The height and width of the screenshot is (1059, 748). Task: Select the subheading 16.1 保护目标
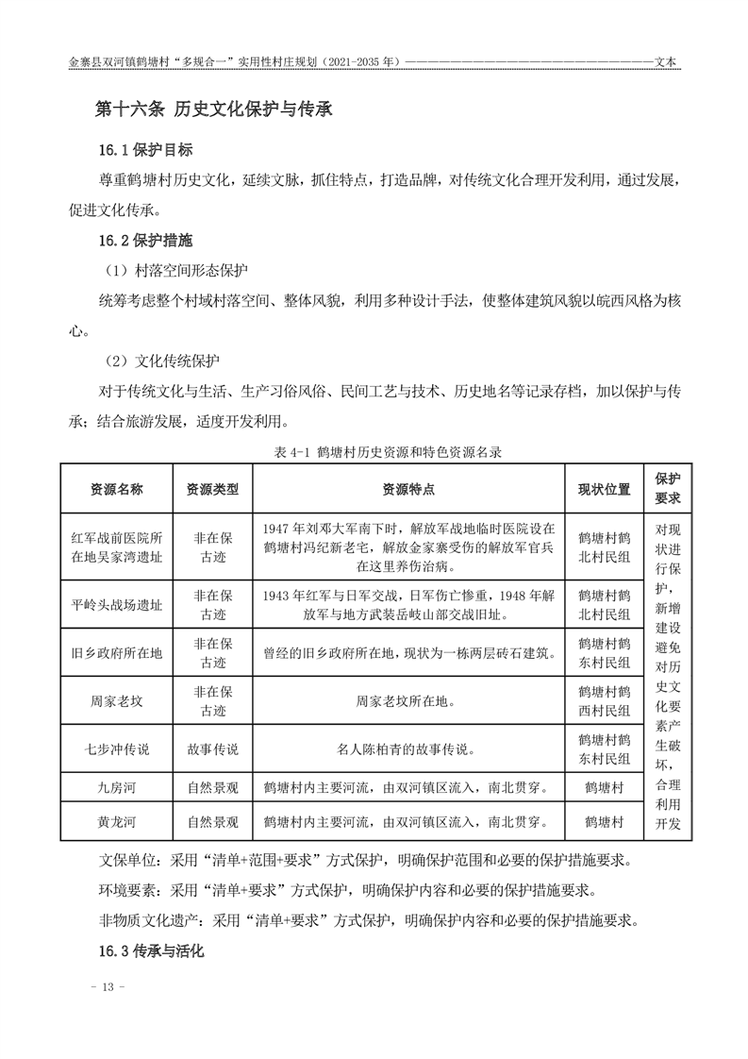click(146, 150)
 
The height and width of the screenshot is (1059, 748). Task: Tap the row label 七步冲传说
click(117, 749)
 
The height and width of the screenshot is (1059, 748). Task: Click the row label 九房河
click(117, 786)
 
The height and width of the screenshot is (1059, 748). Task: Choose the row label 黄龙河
click(117, 821)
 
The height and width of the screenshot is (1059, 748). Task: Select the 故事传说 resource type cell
click(212, 749)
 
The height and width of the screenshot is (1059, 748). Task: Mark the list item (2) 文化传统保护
click(162, 361)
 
